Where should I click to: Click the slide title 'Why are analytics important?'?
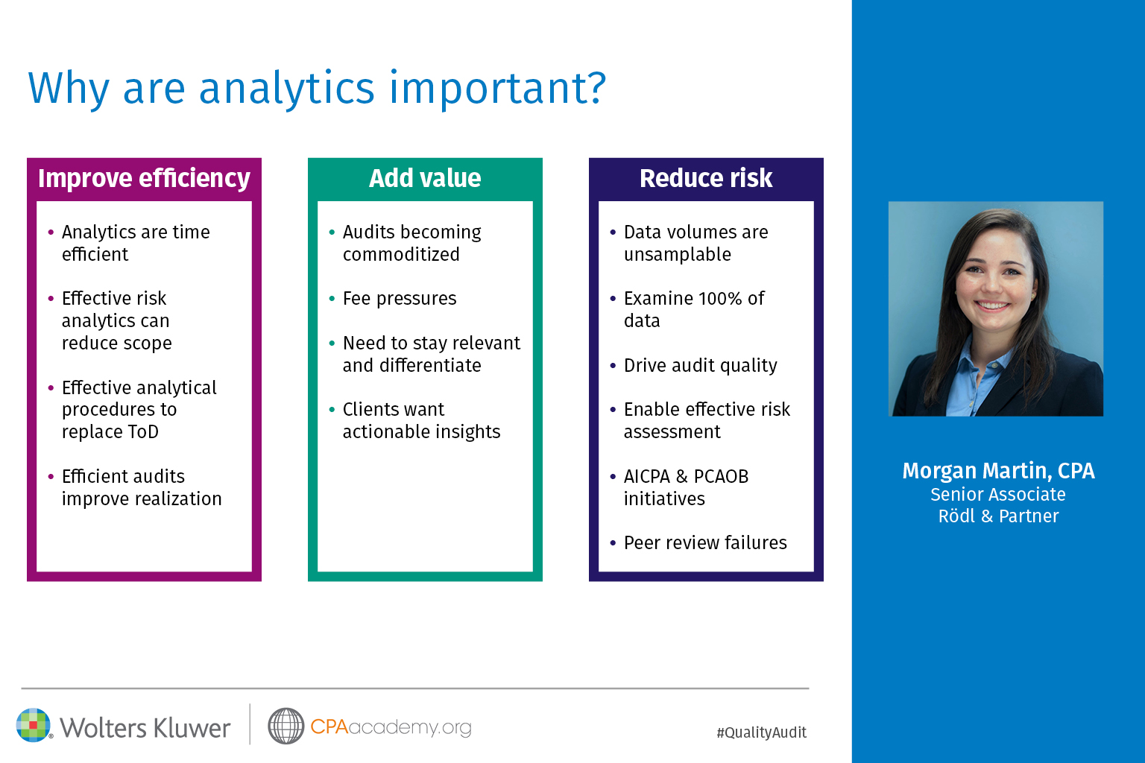[317, 88]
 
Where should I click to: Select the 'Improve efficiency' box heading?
[144, 178]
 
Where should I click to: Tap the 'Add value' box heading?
[425, 178]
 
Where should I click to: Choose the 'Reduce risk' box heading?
[706, 178]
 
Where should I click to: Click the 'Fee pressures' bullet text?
[400, 299]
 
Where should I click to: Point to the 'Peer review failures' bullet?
[705, 542]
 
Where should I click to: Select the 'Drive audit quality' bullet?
[700, 365]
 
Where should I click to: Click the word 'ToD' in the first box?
[143, 432]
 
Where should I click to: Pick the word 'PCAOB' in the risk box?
[721, 476]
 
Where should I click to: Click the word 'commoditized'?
[401, 255]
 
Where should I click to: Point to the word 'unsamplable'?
[678, 255]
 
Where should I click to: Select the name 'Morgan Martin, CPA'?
[998, 471]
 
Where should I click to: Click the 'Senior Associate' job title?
[998, 495]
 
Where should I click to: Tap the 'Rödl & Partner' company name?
[998, 516]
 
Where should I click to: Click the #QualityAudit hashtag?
[762, 733]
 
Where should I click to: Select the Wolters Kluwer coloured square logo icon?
[34, 725]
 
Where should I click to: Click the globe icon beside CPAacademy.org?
[286, 726]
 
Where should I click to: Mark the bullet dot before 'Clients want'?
[332, 409]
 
